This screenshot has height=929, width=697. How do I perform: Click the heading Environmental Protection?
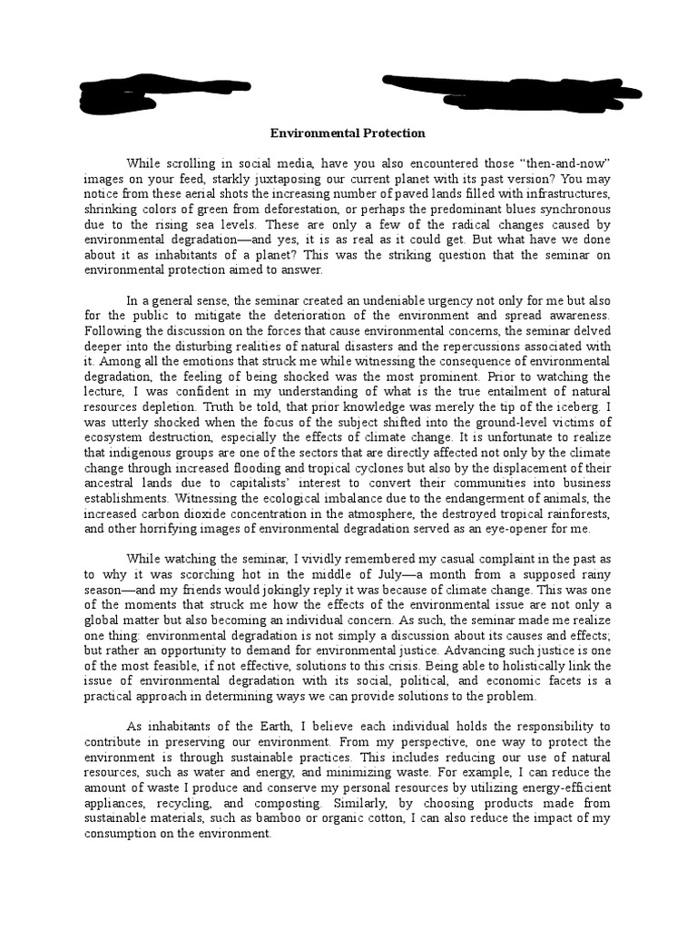[x=348, y=133]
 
